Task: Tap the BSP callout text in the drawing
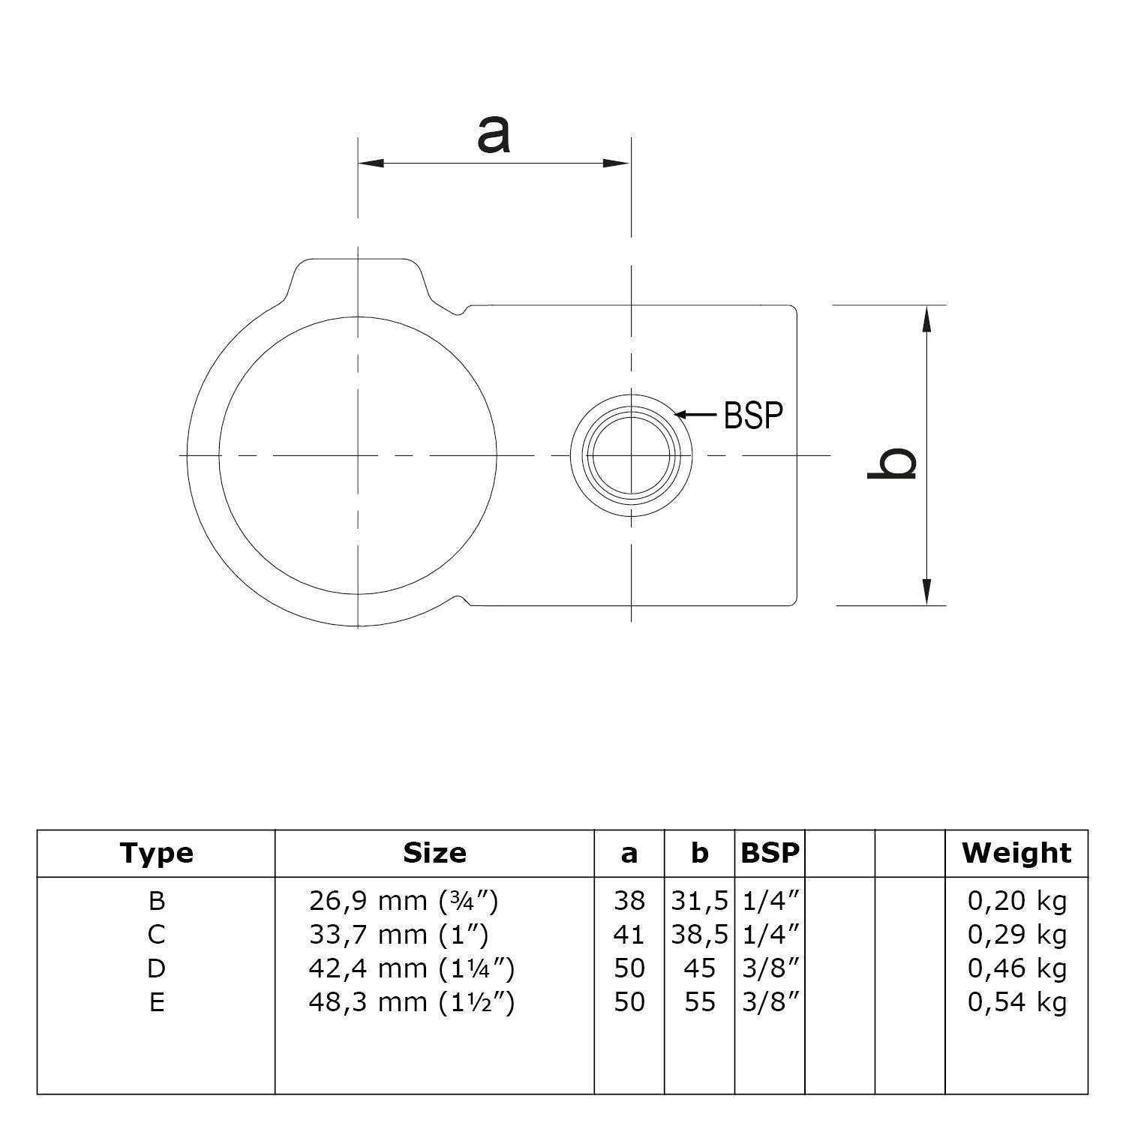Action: pos(753,415)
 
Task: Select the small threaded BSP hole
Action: pos(631,455)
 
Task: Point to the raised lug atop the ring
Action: pos(359,281)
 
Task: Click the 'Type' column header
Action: pos(156,853)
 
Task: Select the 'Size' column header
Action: pos(434,853)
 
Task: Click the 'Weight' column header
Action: pos(1016,853)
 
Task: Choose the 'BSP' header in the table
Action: pos(770,853)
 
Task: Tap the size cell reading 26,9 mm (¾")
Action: pos(403,900)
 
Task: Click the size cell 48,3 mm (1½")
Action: pos(411,1002)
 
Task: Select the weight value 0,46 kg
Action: pos(1016,968)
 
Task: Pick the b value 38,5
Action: pos(699,935)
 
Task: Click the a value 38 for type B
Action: pos(629,900)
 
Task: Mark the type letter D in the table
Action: pos(156,968)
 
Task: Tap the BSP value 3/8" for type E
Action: pos(770,1002)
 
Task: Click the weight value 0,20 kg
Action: pos(1016,900)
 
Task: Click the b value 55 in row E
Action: pos(699,1002)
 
